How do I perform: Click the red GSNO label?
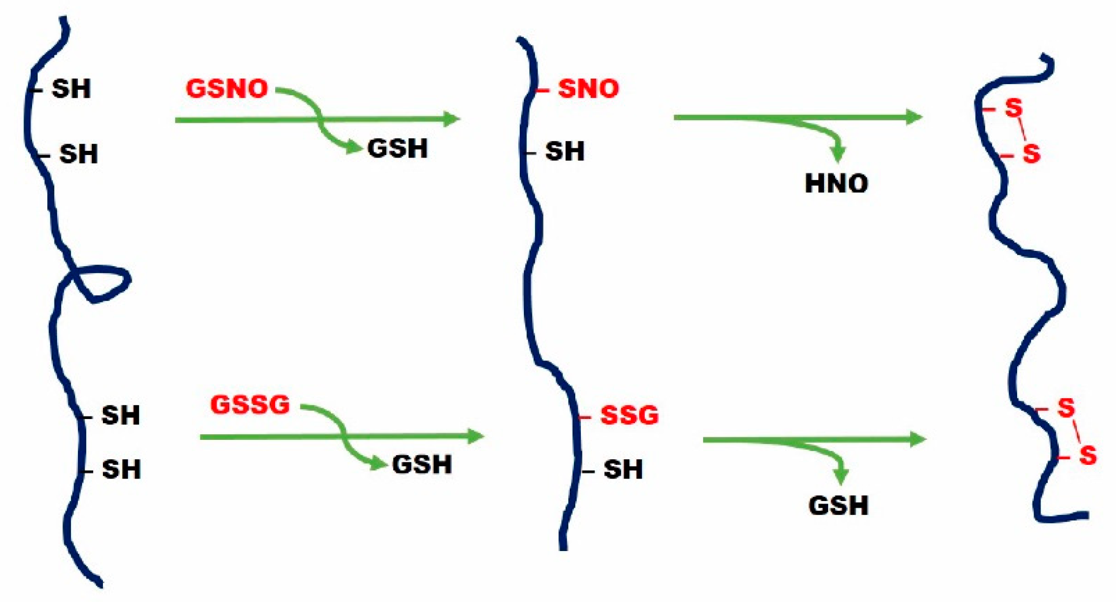(227, 89)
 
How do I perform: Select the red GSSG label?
(250, 405)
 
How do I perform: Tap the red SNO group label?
(589, 89)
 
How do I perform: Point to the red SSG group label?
(629, 415)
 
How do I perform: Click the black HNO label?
(836, 184)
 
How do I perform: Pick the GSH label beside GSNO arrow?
(397, 149)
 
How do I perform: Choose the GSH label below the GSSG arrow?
(422, 465)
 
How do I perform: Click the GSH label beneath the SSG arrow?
(838, 506)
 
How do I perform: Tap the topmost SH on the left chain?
(71, 89)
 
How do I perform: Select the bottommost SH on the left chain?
(121, 469)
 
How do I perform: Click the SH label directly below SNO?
(565, 151)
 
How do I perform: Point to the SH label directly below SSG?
(623, 469)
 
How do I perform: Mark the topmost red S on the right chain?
(1014, 108)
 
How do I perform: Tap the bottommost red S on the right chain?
(1087, 455)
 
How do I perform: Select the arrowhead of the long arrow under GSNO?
(451, 119)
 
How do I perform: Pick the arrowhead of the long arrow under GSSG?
(475, 436)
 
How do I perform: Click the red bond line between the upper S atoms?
(1022, 131)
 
